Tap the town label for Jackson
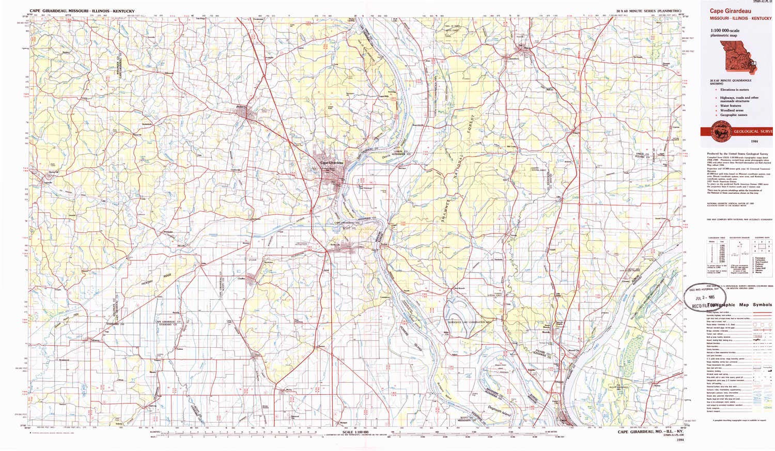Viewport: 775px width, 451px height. (x=240, y=107)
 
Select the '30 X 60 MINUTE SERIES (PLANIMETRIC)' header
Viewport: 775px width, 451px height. (x=648, y=11)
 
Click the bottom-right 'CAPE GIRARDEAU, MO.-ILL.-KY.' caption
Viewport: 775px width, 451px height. (x=650, y=432)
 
